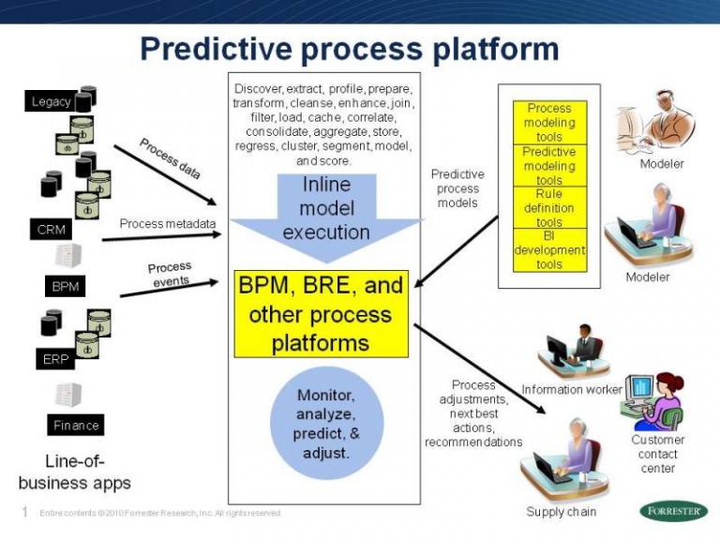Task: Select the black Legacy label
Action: [52, 101]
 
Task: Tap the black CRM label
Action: [51, 230]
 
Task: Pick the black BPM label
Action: [65, 286]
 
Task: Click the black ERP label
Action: [55, 359]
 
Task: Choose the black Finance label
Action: [76, 425]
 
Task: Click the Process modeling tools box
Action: [549, 123]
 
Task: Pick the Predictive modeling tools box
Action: [549, 166]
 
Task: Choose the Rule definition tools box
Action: [549, 208]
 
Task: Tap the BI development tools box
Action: [549, 250]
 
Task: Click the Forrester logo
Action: [673, 511]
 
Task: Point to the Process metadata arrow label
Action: [168, 224]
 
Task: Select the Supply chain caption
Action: [561, 512]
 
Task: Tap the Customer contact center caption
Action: [658, 454]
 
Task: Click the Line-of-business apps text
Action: [75, 472]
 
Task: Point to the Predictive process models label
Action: [457, 188]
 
